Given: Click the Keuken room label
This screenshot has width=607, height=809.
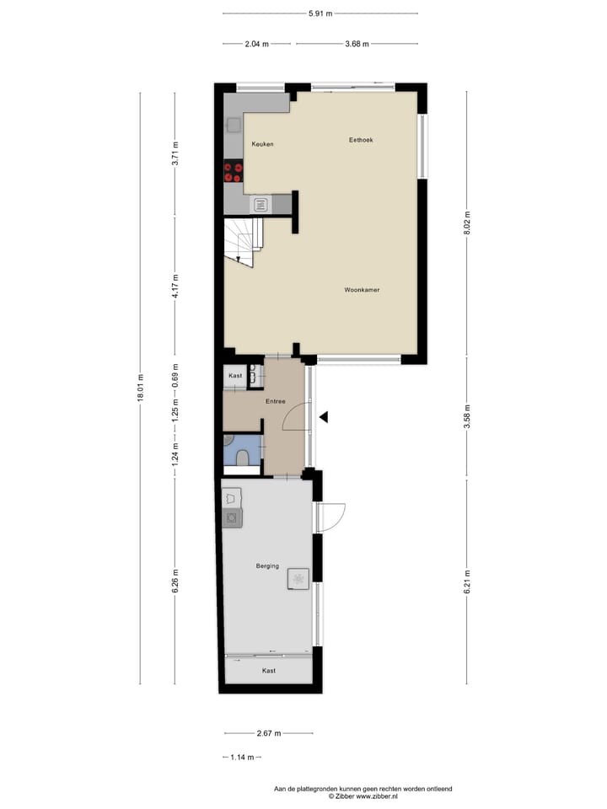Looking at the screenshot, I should click(262, 144).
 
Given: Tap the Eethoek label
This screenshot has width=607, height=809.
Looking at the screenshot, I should click(361, 140).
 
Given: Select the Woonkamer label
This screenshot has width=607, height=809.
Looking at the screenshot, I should click(362, 290).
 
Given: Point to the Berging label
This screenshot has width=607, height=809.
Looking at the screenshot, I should click(268, 567).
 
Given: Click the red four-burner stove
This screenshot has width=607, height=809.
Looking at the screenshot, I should click(234, 172).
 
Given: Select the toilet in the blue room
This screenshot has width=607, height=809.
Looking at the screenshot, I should click(243, 458).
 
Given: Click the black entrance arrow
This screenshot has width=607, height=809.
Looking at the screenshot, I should click(324, 415).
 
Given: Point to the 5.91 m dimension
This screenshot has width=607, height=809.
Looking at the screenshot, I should click(320, 13).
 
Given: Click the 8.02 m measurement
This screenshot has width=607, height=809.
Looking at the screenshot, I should click(466, 222).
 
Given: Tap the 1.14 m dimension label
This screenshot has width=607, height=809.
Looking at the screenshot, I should click(243, 757).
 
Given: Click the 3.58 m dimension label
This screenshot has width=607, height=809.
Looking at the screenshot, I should click(466, 418).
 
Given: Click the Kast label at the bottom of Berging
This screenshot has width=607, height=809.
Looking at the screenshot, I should click(268, 671).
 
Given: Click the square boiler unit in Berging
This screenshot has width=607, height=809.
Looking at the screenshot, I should click(298, 577).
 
